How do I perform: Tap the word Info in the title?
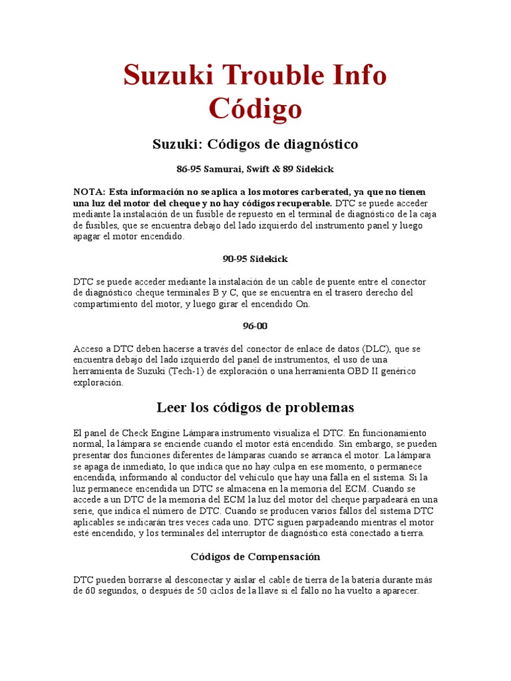pyautogui.click(x=356, y=75)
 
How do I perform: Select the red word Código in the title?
pyautogui.click(x=255, y=109)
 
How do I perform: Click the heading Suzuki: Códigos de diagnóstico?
pyautogui.click(x=255, y=144)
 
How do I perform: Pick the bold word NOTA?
pyautogui.click(x=89, y=192)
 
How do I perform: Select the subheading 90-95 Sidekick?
pyautogui.click(x=255, y=259)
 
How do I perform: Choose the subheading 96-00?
pyautogui.click(x=255, y=326)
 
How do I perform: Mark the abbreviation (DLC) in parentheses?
pyautogui.click(x=378, y=348)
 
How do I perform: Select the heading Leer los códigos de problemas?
pyautogui.click(x=255, y=407)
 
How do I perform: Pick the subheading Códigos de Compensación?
pyautogui.click(x=255, y=556)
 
